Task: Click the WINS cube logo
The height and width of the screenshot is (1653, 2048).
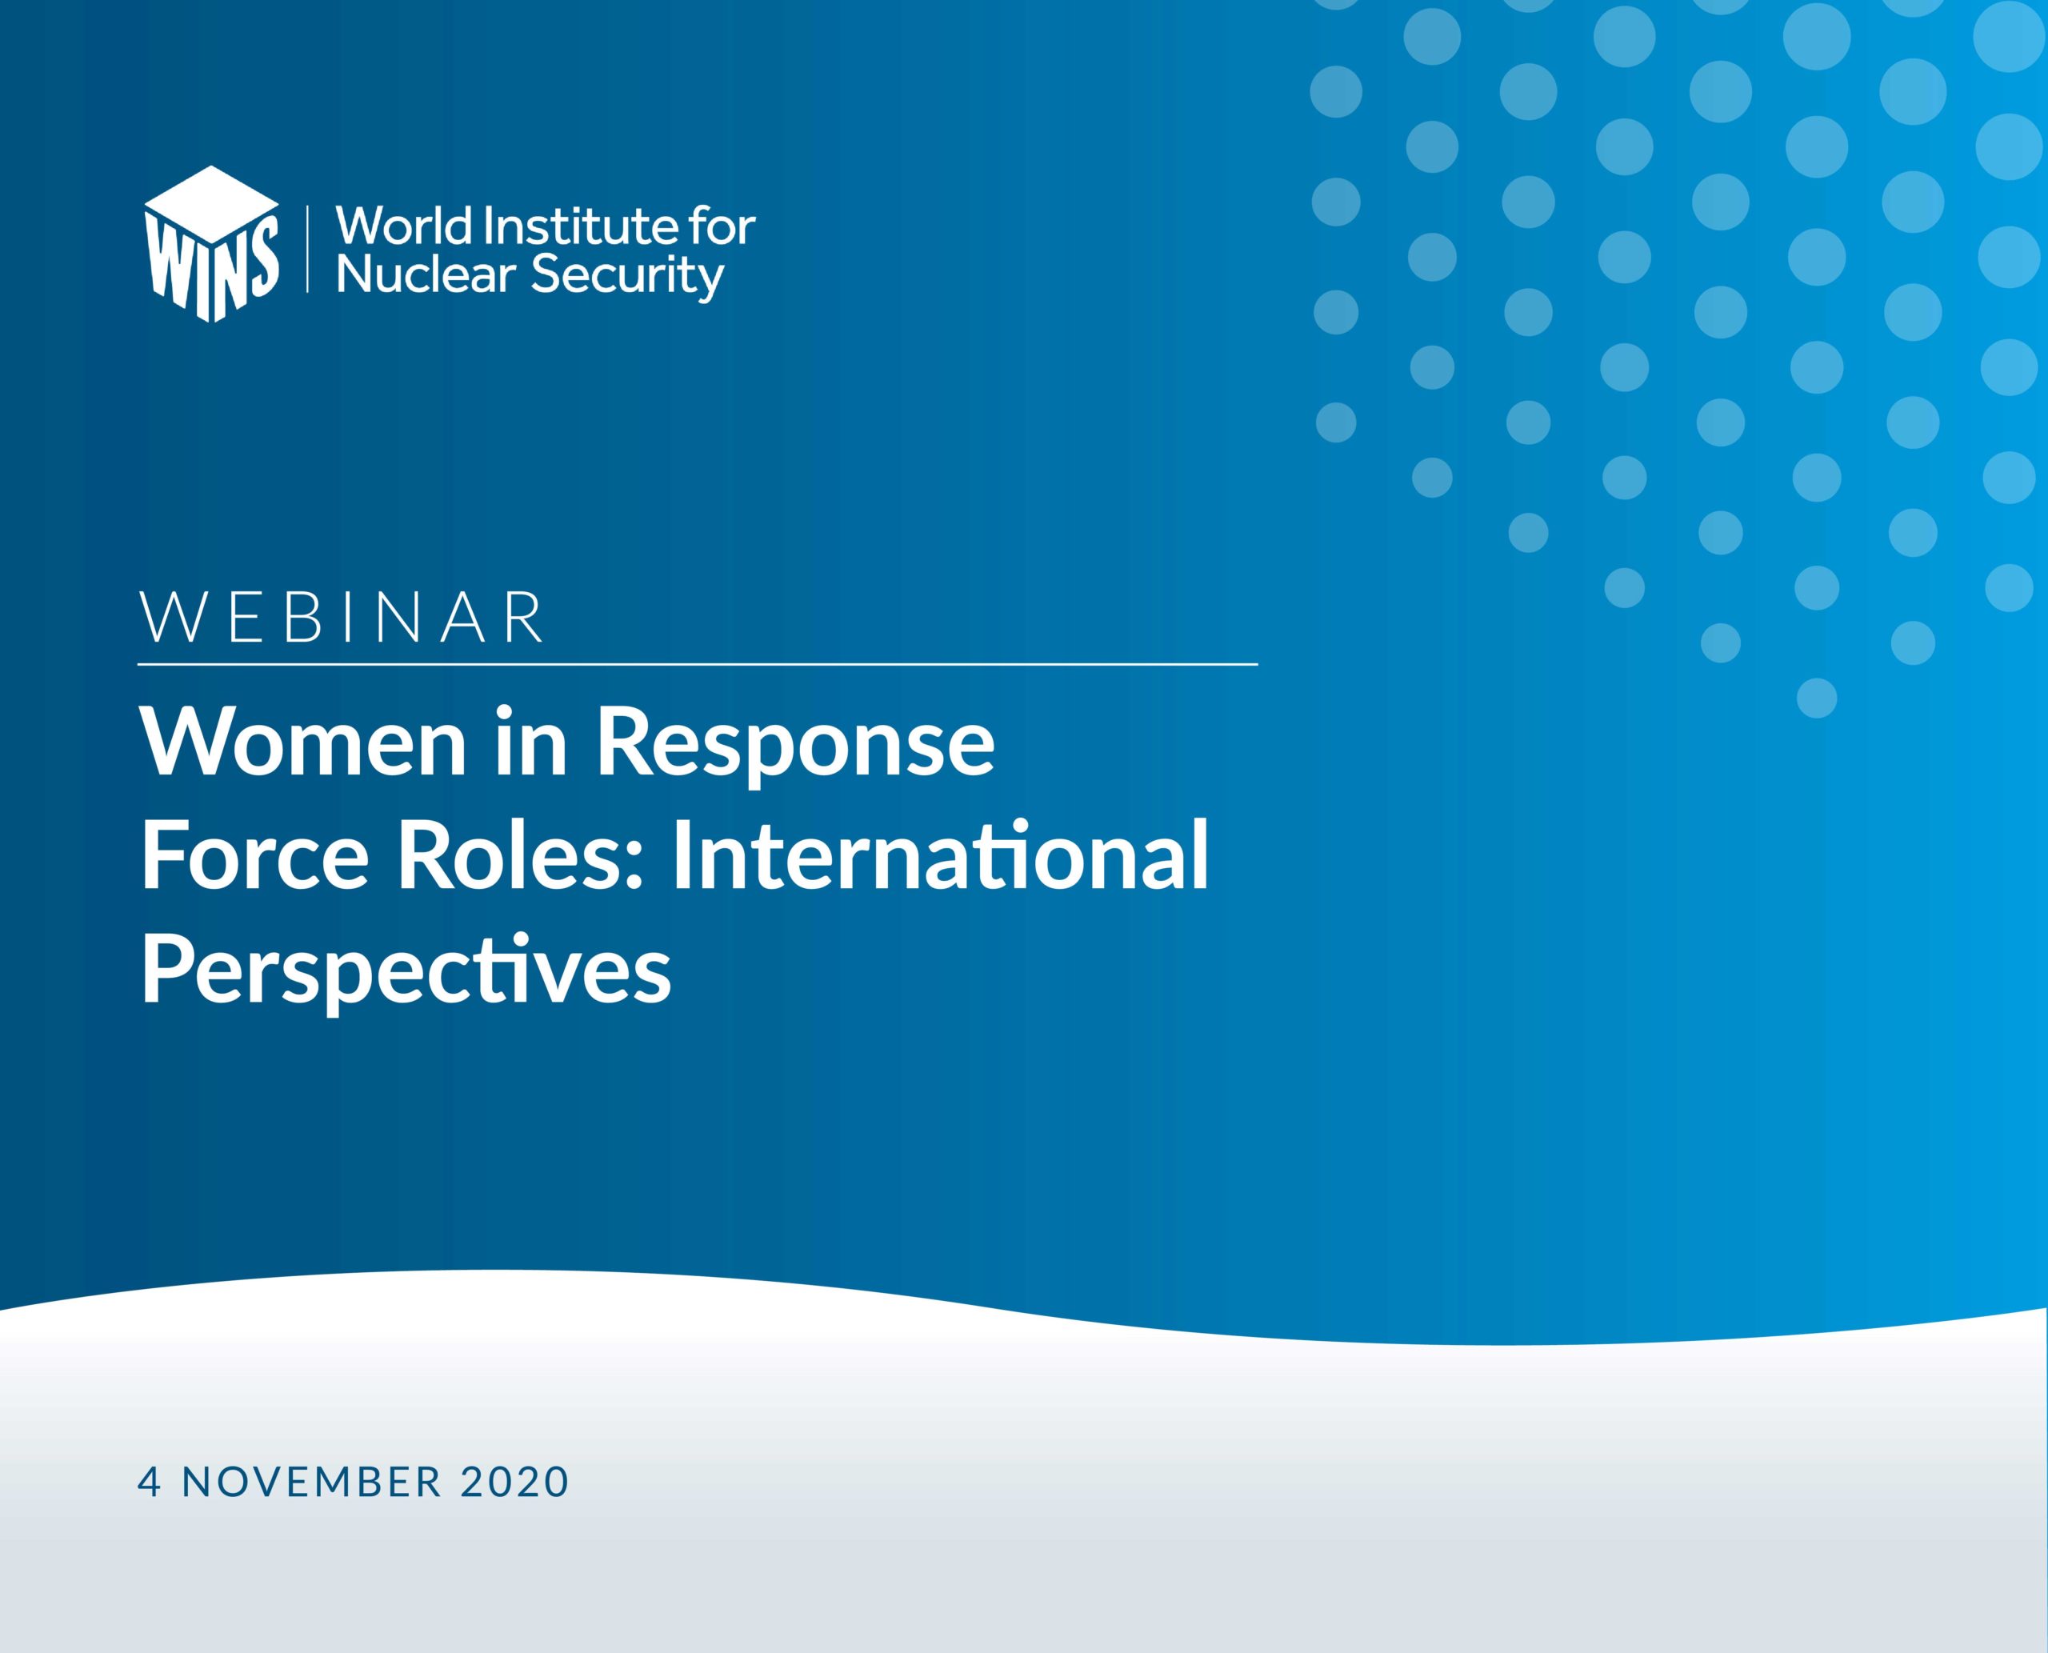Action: click(x=211, y=244)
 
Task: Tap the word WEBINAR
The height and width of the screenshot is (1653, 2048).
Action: click(x=342, y=617)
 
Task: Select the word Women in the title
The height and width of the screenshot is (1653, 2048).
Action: click(x=305, y=742)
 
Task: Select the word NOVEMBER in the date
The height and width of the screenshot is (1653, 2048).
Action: click(x=312, y=1483)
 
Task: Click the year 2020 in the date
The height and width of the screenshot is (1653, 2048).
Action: click(x=515, y=1483)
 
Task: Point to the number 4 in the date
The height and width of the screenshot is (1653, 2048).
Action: click(x=150, y=1483)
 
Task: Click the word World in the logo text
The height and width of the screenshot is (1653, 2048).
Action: click(x=405, y=226)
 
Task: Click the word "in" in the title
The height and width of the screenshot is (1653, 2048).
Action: click(x=532, y=742)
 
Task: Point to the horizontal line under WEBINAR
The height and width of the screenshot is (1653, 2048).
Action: click(x=698, y=663)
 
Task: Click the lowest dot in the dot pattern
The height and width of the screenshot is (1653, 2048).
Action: click(x=1817, y=698)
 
